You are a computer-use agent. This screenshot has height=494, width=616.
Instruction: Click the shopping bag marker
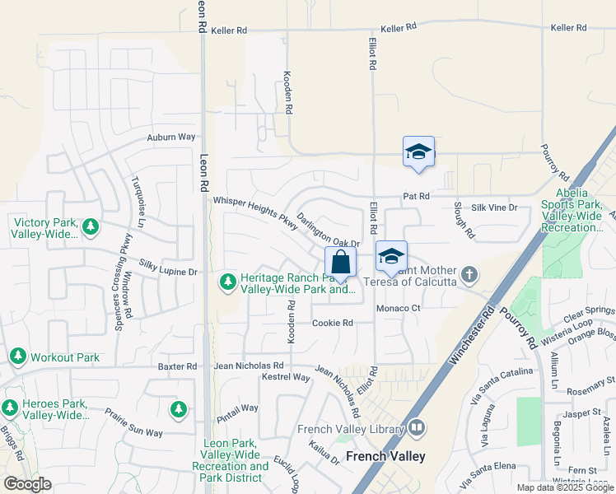340,263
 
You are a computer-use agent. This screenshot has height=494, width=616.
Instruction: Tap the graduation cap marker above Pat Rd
418,152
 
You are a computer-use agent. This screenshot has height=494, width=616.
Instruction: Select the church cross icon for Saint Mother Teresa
469,273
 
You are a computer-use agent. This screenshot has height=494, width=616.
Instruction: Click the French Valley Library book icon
418,427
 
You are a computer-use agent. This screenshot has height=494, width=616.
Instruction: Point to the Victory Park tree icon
91,226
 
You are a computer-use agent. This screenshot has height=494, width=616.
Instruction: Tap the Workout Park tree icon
17,357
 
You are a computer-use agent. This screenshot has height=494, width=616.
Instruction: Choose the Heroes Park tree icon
10,408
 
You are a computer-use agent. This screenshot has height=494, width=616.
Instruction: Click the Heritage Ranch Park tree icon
227,282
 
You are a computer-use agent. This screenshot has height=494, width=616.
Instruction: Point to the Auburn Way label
171,137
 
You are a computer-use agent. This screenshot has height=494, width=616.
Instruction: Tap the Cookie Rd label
332,323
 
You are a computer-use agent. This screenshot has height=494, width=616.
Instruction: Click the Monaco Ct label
399,308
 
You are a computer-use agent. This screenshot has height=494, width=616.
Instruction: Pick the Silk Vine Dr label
494,207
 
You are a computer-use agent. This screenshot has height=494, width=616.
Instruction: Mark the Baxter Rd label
179,366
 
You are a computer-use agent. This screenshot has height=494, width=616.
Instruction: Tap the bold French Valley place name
385,456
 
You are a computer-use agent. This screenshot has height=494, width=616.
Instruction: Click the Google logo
28,484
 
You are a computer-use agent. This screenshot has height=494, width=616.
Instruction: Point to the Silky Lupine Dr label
169,271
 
